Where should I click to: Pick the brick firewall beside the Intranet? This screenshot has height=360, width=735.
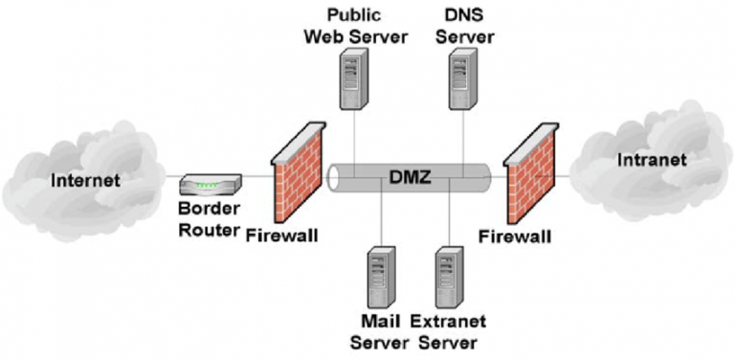528,182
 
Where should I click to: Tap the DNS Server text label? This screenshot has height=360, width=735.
469,26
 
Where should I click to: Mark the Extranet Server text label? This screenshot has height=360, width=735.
449,331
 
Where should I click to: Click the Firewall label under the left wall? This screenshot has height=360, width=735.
282,234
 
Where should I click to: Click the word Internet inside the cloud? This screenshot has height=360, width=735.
86,179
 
